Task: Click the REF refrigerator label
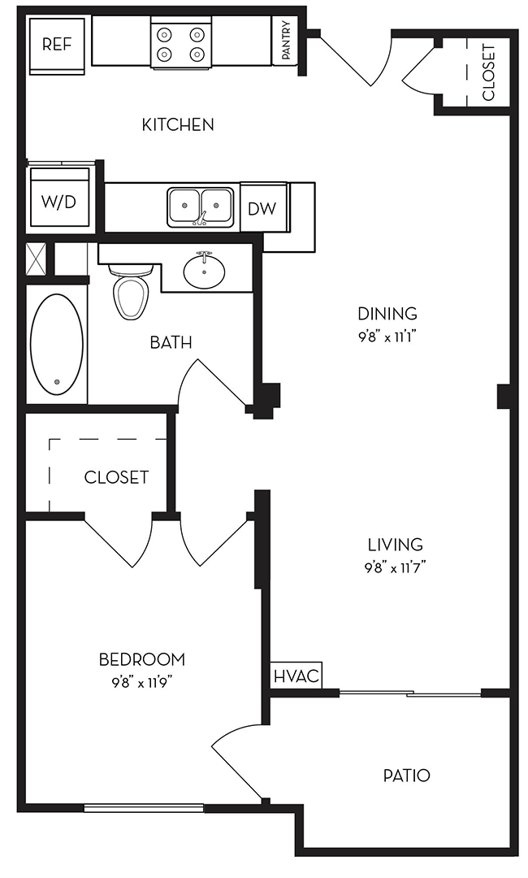(x=57, y=44)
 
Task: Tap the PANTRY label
(x=286, y=41)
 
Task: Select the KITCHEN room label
(x=178, y=124)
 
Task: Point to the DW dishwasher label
(x=262, y=209)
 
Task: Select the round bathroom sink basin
(x=204, y=272)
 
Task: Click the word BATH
(x=171, y=342)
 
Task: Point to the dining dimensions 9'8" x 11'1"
(x=387, y=337)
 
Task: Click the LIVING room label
(x=396, y=544)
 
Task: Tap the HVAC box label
(x=296, y=676)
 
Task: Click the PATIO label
(x=407, y=776)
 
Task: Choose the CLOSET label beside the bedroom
(x=116, y=477)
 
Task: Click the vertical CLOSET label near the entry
(x=489, y=72)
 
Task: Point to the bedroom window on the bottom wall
(x=144, y=807)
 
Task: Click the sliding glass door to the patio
(x=410, y=694)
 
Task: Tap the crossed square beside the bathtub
(x=36, y=259)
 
